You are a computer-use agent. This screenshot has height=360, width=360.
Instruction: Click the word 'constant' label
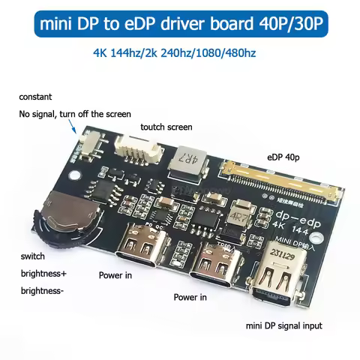pyautogui.click(x=35, y=98)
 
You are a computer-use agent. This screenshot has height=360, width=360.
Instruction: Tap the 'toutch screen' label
pyautogui.click(x=166, y=127)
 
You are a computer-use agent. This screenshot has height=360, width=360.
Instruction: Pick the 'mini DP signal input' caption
pyautogui.click(x=284, y=325)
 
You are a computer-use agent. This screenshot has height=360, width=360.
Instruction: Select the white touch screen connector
pyautogui.click(x=142, y=148)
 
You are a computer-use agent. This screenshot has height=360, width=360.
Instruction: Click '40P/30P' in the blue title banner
pyautogui.click(x=295, y=24)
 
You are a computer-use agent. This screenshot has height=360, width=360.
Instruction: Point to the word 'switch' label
pyautogui.click(x=34, y=256)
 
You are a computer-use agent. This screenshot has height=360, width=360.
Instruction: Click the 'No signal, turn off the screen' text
pyautogui.click(x=75, y=114)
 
